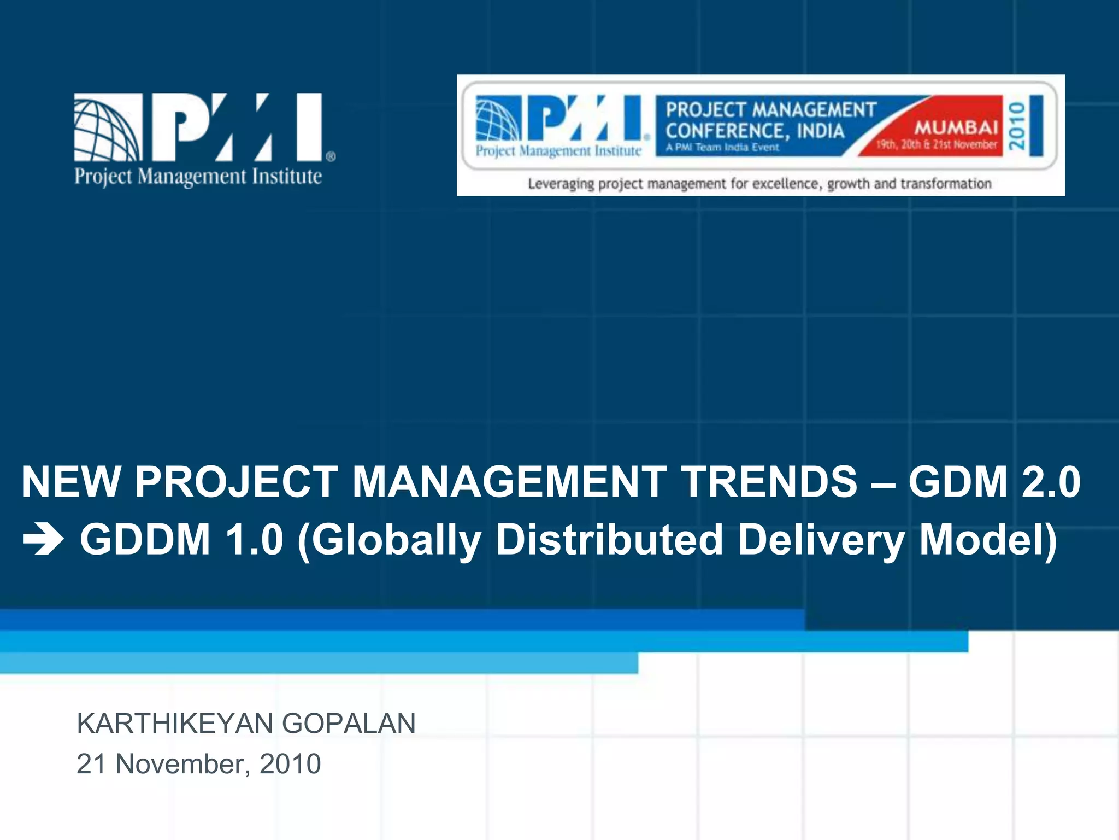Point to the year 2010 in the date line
point(290,764)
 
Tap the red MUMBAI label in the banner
point(956,127)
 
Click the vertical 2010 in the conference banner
point(1017,126)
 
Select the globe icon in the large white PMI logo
point(107,127)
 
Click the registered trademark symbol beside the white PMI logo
point(331,157)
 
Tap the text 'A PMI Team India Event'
point(722,147)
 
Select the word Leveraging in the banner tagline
point(561,184)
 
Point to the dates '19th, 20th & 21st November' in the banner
point(937,145)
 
